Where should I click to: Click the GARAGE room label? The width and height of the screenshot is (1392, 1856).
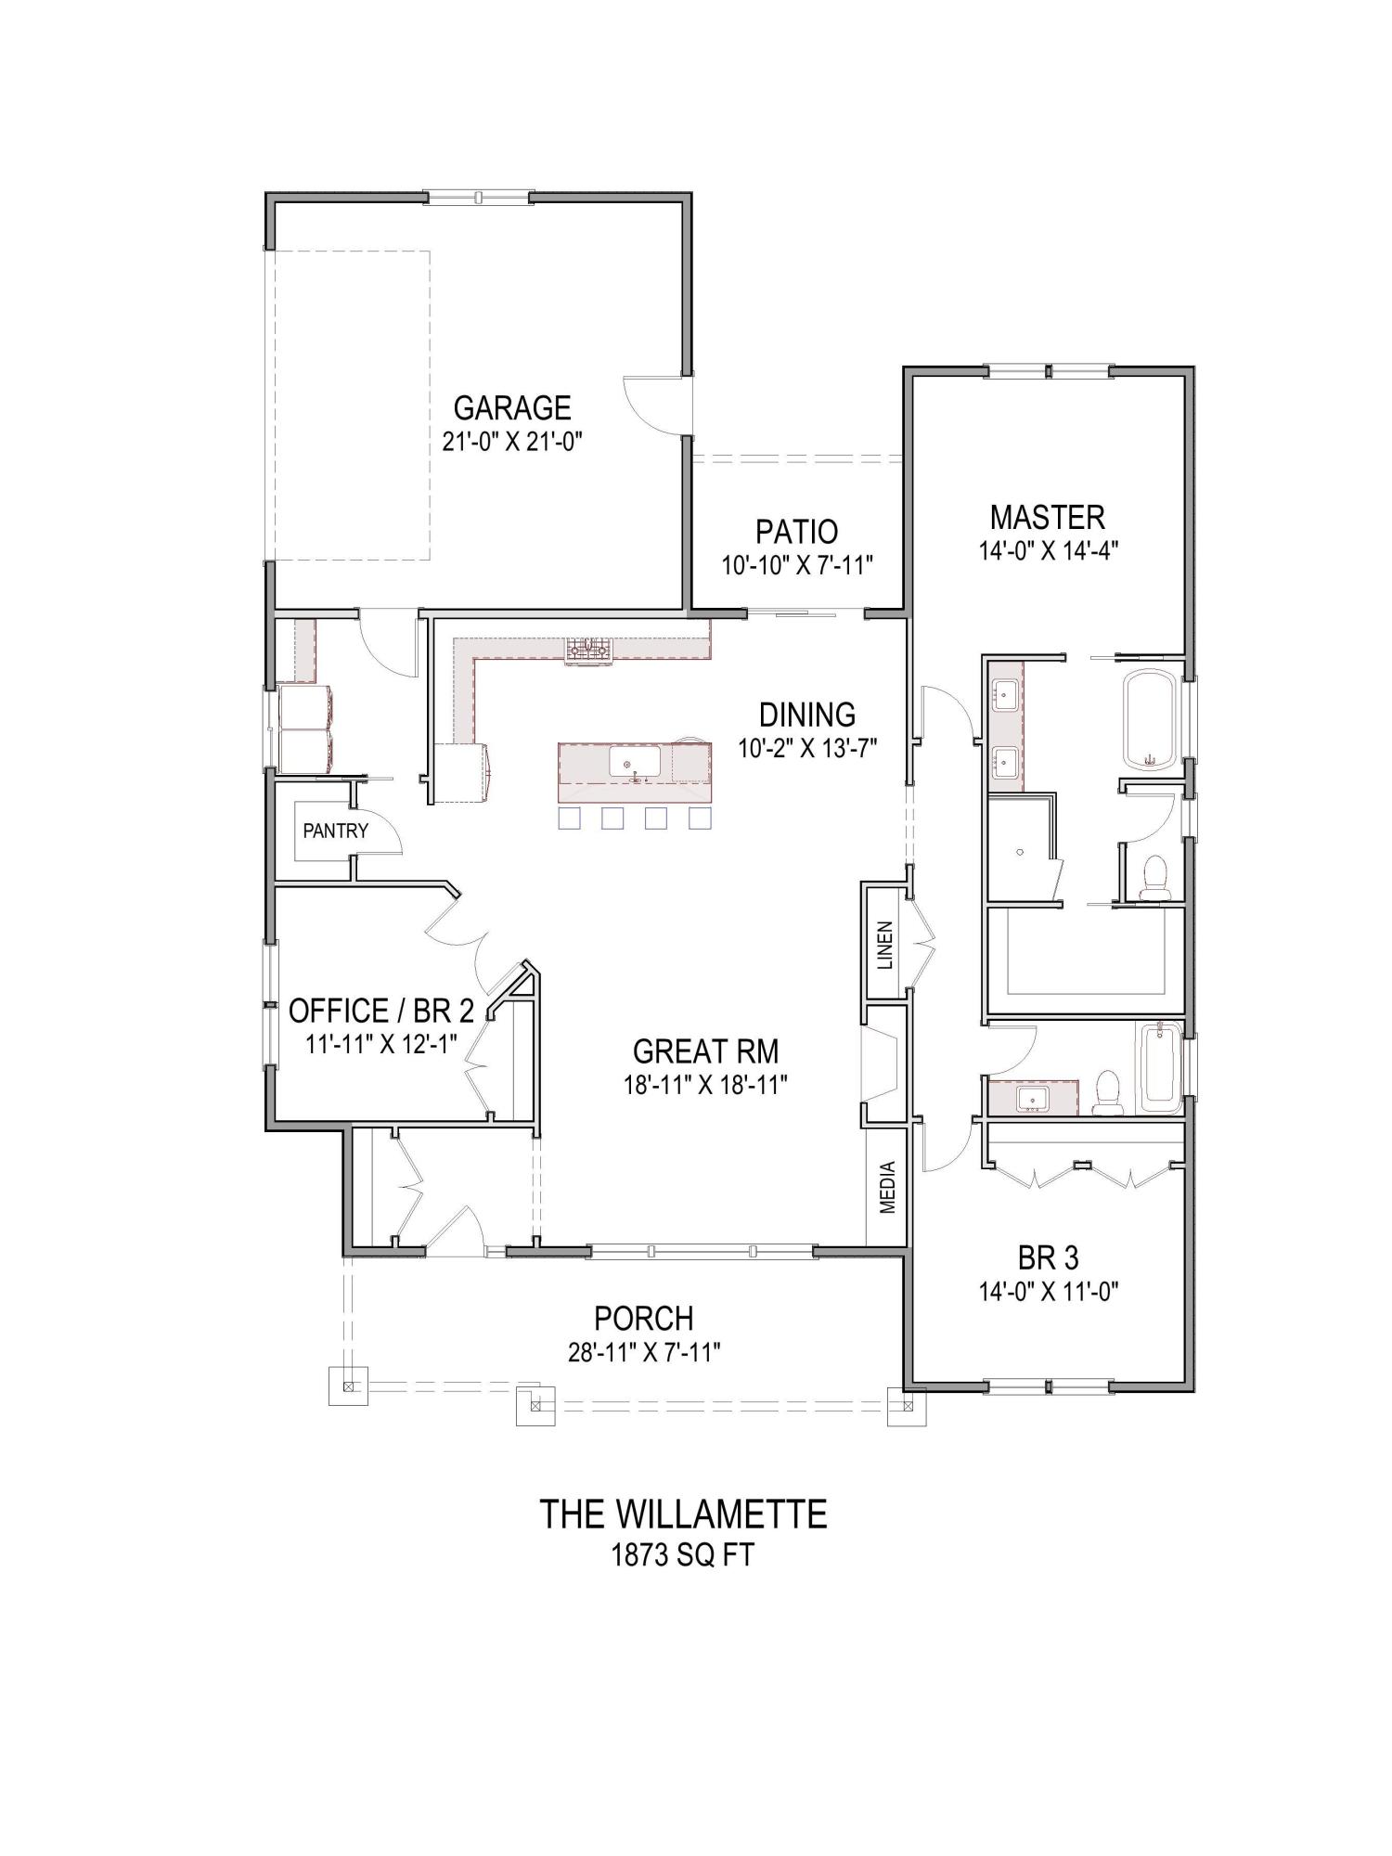coord(511,407)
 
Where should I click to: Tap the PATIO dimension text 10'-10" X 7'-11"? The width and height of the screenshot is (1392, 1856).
coord(797,564)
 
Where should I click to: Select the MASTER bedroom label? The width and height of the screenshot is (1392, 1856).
coord(1047,516)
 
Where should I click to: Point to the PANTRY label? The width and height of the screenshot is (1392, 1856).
coord(335,831)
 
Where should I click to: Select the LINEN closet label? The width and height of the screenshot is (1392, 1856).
coord(884,945)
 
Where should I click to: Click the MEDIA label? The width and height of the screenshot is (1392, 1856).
coord(887,1187)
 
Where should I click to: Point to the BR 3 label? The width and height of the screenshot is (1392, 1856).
coord(1048,1257)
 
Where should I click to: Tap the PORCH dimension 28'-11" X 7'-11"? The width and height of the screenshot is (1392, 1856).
coord(644,1352)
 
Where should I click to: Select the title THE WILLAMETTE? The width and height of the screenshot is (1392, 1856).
coord(683,1514)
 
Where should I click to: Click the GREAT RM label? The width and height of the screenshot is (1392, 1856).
coord(705,1051)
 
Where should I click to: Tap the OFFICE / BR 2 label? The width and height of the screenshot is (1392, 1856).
coord(381,1010)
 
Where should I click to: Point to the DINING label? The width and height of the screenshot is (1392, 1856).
coord(806,715)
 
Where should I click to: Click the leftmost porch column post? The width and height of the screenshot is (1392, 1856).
coord(349,1386)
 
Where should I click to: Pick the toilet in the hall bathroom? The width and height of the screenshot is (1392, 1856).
coord(1107,1093)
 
